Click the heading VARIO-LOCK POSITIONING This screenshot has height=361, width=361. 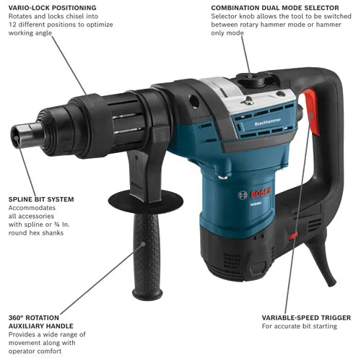53,8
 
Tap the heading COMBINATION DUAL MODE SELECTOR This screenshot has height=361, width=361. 275,8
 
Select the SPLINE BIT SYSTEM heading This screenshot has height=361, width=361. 41,199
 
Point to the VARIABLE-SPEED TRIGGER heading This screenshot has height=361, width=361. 306,318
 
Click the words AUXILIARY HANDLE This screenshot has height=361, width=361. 41,326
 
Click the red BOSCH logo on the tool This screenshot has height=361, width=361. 261,192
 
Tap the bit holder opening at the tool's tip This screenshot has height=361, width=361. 16,136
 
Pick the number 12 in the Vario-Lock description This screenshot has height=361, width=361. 12,25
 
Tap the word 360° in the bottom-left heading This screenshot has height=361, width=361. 16,318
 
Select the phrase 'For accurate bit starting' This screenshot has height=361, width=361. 300,326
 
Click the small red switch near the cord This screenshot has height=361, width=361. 293,235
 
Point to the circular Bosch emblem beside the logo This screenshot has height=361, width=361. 243,195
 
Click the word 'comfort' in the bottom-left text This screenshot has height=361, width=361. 49,351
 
